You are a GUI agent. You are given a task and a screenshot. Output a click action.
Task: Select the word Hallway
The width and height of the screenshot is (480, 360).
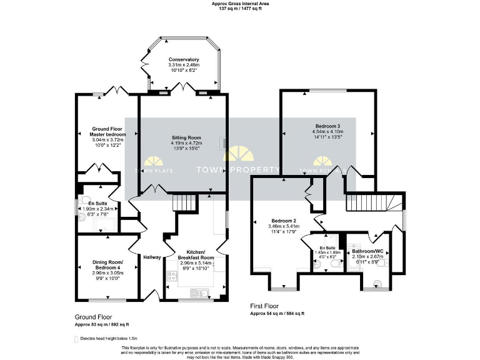(152, 257)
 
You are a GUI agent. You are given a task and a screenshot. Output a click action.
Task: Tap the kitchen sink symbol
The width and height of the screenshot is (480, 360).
(201, 292)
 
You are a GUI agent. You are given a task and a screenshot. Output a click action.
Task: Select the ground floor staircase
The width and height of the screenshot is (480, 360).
(185, 202)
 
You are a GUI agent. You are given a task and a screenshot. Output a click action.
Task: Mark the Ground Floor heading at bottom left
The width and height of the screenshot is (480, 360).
(93, 317)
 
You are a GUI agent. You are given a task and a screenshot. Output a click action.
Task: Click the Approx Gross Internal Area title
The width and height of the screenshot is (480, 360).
(239, 4)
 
